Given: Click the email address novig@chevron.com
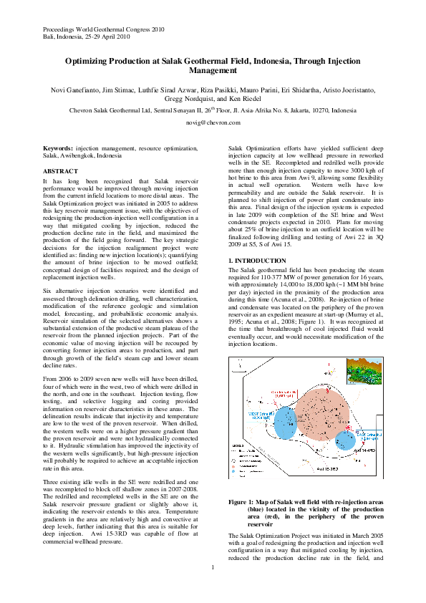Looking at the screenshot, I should (x=213, y=123).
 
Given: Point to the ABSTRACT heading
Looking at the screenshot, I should (x=61, y=172).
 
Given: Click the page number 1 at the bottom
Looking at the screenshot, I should (x=213, y=587).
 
